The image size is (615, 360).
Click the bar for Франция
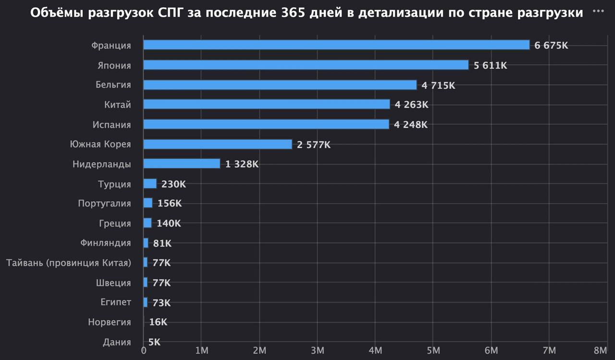tap(336, 45)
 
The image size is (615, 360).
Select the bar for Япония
tap(306, 65)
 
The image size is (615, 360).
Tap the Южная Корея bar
tap(218, 144)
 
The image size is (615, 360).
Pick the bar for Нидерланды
tap(182, 164)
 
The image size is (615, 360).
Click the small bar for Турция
tap(150, 184)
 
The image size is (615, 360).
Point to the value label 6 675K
tap(551, 45)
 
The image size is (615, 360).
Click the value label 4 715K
tap(438, 85)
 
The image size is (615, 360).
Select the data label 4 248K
tap(410, 124)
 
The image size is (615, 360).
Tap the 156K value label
tap(170, 203)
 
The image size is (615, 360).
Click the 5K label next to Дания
tap(154, 342)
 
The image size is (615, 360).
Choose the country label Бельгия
tap(113, 85)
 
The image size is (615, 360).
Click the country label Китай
tap(117, 105)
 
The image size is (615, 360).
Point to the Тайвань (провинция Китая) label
tap(69, 263)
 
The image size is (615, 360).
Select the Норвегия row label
tap(109, 322)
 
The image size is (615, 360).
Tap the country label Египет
tap(115, 302)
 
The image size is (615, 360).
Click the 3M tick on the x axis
tap(317, 350)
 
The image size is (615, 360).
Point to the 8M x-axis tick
tap(600, 350)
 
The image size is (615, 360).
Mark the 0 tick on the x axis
tap(144, 350)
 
